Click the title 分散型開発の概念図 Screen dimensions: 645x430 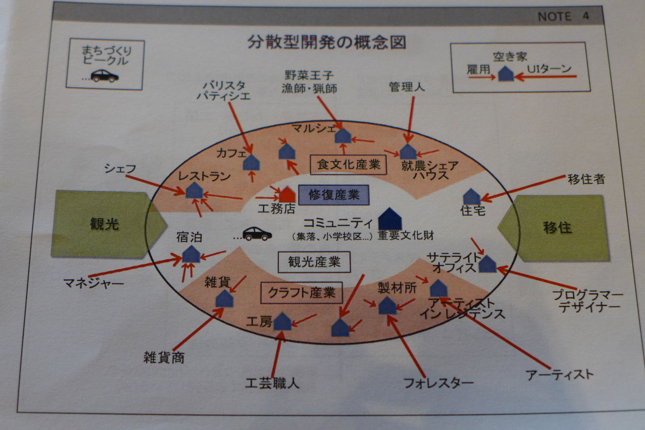click(326, 42)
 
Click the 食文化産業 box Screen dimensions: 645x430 click(348, 164)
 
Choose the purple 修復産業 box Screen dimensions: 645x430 click(334, 195)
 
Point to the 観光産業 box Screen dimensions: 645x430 click(314, 262)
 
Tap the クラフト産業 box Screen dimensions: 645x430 click(301, 293)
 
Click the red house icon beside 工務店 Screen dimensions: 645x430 click(287, 194)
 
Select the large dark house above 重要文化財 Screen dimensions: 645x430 click(390, 219)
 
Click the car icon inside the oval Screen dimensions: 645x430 click(257, 234)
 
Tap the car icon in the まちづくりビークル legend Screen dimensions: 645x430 click(105, 76)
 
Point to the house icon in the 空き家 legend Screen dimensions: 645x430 click(506, 74)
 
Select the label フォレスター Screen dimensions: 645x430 click(438, 383)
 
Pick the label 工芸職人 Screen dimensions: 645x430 click(272, 383)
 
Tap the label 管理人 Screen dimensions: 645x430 click(407, 87)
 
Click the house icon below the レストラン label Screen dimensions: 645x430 click(194, 190)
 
